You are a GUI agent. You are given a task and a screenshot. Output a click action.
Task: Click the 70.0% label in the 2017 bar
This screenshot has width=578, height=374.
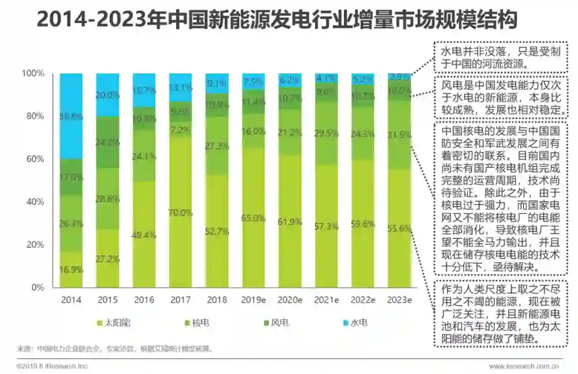click(x=180, y=213)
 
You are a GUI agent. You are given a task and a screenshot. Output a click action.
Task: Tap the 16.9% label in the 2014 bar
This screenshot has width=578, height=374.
click(x=71, y=270)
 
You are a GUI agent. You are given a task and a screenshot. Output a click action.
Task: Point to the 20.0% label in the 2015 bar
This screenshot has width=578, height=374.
click(x=107, y=95)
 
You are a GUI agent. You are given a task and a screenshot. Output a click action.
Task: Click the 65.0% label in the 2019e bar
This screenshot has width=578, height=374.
click(x=253, y=218)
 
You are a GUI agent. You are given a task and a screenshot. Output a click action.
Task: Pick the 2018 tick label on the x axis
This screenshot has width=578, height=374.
click(x=216, y=300)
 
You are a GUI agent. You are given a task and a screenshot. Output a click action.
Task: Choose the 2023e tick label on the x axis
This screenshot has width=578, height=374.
click(x=399, y=300)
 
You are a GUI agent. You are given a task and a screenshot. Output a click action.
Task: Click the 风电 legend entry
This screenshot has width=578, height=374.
click(x=279, y=323)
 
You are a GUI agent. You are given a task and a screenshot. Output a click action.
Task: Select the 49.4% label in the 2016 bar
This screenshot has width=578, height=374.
click(x=143, y=235)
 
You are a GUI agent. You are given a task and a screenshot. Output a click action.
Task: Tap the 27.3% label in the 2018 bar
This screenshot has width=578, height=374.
click(x=217, y=146)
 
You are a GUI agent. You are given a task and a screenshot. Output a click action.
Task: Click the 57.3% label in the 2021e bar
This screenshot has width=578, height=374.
click(x=326, y=227)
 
